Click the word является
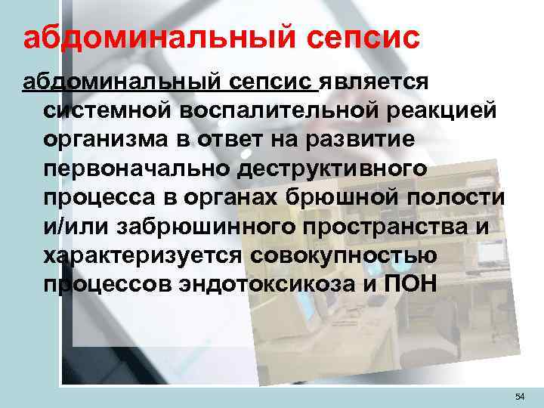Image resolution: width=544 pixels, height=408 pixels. (374, 81)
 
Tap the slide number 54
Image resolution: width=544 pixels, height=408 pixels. (518, 396)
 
